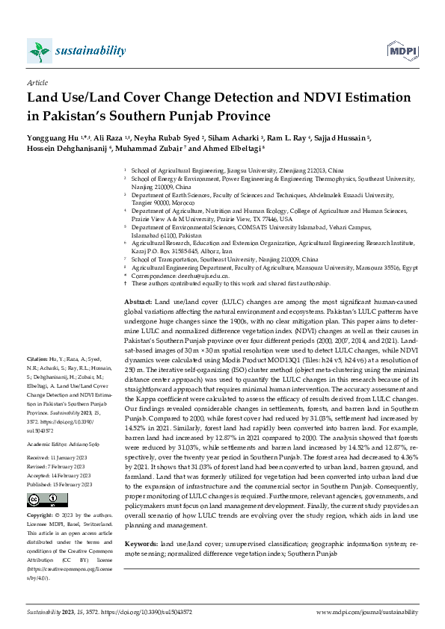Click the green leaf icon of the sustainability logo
pyautogui.click(x=37, y=51)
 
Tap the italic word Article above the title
pyautogui.click(x=37, y=84)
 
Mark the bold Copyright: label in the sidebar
pyautogui.click(x=40, y=515)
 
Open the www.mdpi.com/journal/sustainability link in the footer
pyautogui.click(x=366, y=611)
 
